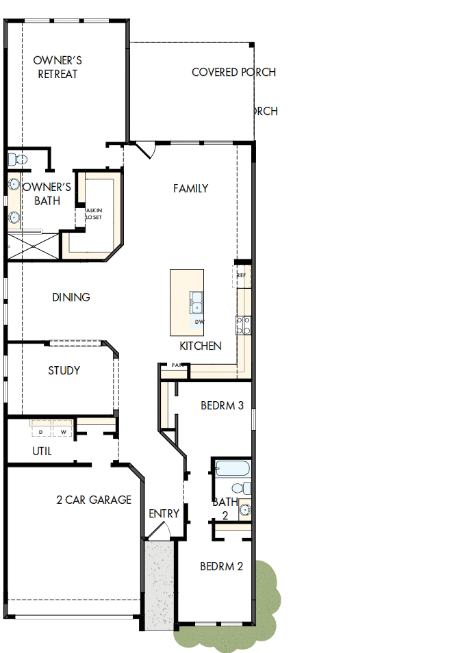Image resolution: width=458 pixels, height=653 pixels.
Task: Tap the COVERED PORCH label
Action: [233, 72]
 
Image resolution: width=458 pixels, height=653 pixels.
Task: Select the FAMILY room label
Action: [190, 188]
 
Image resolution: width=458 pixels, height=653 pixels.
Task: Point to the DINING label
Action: [71, 298]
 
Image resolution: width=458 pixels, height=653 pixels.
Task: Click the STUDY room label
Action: [64, 370]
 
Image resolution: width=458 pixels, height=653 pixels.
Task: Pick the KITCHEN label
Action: [201, 346]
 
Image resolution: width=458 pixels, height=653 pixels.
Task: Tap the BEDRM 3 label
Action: [222, 405]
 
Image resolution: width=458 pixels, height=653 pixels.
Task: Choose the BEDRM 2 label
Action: [222, 566]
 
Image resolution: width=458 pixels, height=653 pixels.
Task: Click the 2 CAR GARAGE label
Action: [94, 500]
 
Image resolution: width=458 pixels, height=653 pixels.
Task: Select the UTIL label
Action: [42, 452]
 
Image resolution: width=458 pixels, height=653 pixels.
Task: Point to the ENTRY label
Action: [164, 513]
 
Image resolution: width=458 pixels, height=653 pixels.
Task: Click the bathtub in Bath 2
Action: [231, 469]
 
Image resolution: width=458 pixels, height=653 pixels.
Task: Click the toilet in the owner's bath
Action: [17, 159]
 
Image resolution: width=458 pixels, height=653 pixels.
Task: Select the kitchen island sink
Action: [196, 302]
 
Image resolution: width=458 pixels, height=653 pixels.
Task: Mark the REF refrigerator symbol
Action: [242, 275]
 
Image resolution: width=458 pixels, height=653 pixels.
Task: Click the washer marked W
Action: [63, 432]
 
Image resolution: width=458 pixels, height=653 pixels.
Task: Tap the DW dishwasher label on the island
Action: [199, 322]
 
